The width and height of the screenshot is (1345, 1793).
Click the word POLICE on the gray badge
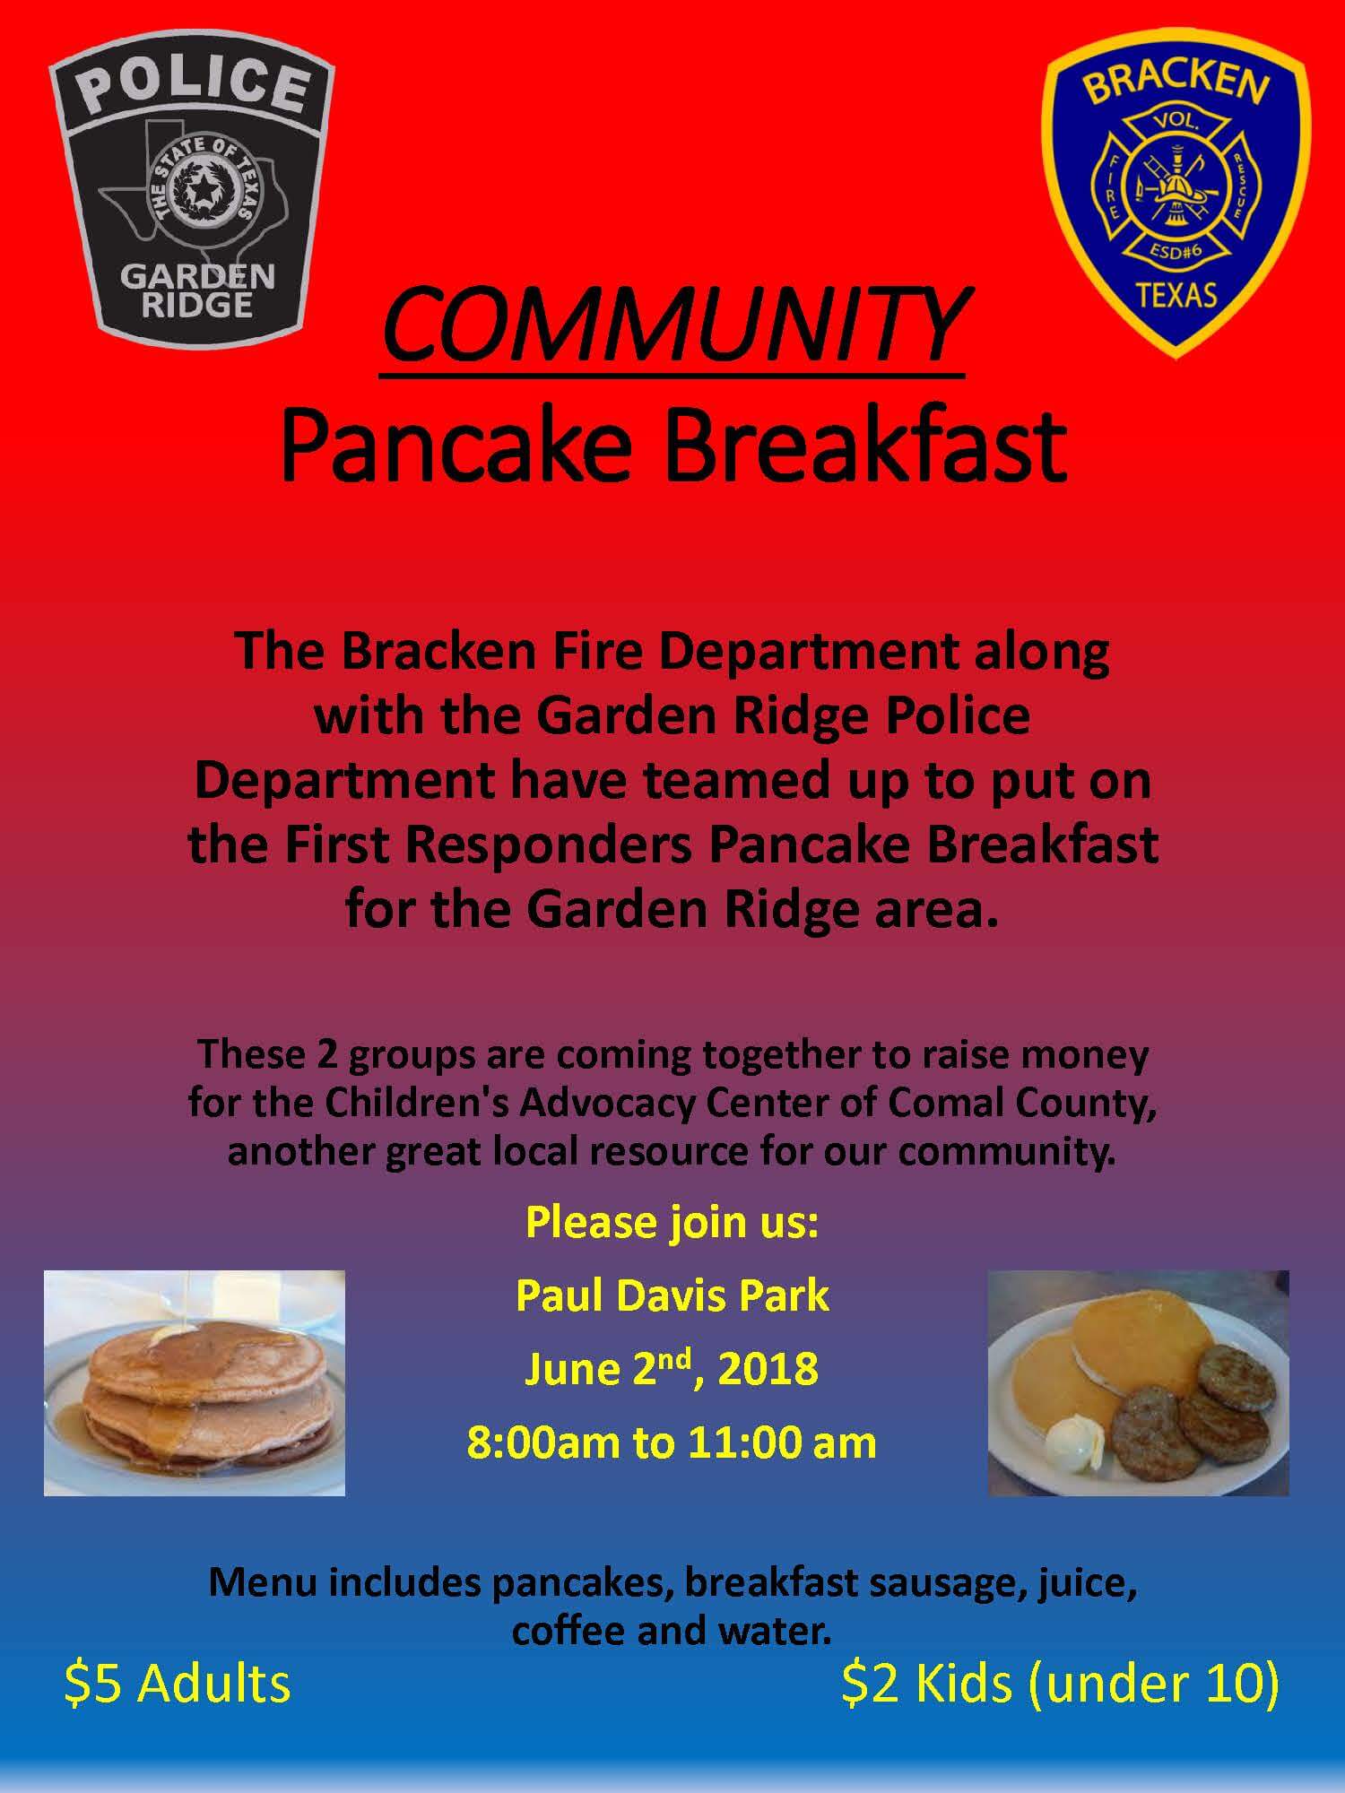coord(192,88)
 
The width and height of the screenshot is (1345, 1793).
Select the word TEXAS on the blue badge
coord(1176,294)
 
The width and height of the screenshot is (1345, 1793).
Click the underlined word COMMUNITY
coord(672,325)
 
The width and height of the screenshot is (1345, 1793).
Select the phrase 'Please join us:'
coord(672,1223)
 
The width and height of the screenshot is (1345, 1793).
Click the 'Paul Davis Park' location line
coord(672,1296)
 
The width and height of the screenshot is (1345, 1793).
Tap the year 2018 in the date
coord(768,1370)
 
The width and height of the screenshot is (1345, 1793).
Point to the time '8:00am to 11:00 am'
coord(672,1443)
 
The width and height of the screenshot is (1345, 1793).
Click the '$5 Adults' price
coord(178,1683)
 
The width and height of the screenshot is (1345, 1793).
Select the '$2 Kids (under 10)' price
coord(1060,1683)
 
